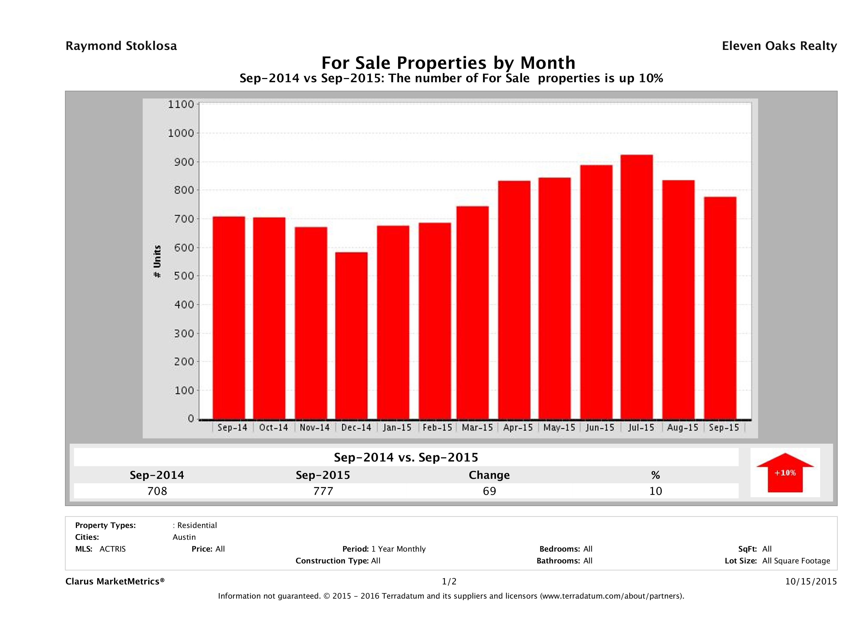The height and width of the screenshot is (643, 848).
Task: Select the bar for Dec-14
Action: (x=351, y=336)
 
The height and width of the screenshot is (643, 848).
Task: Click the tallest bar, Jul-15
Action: (x=636, y=287)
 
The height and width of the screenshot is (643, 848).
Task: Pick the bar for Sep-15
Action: (x=720, y=308)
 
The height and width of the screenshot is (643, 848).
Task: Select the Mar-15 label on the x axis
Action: (x=477, y=428)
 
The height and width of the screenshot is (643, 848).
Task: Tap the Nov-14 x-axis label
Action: (x=314, y=428)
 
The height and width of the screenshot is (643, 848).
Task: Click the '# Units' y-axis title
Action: (x=157, y=262)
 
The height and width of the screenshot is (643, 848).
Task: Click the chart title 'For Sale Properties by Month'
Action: (x=448, y=63)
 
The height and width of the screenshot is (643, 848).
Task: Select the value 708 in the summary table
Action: (x=157, y=491)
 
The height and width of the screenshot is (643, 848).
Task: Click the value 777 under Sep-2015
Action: (x=323, y=491)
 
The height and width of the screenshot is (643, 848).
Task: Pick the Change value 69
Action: (x=489, y=491)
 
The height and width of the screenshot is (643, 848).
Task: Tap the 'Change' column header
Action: (x=489, y=475)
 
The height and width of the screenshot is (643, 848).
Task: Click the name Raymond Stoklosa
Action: (x=121, y=46)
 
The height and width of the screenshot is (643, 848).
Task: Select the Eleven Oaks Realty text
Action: (x=779, y=46)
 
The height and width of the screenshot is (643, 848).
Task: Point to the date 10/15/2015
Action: (x=811, y=581)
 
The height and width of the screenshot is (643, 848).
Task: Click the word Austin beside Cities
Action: (x=184, y=537)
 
